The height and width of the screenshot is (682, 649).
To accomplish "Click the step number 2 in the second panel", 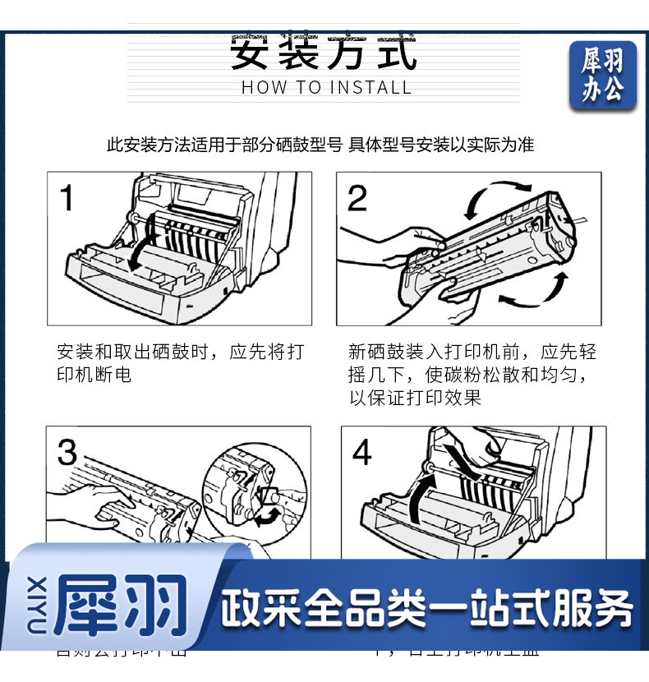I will pos(357,198).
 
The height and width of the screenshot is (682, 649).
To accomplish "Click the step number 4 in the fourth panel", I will pos(361,453).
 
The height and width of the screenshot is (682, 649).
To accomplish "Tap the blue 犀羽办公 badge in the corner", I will pos(603,76).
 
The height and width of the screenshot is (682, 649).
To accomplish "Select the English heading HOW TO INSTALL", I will pos(326,88).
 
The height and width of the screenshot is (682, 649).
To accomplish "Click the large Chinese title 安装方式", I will pos(324,52).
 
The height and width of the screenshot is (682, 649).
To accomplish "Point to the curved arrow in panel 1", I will pos(139,247).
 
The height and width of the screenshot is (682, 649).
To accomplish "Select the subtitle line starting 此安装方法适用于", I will pos(320,145).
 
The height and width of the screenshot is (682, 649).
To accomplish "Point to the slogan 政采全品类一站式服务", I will pos(427,610).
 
